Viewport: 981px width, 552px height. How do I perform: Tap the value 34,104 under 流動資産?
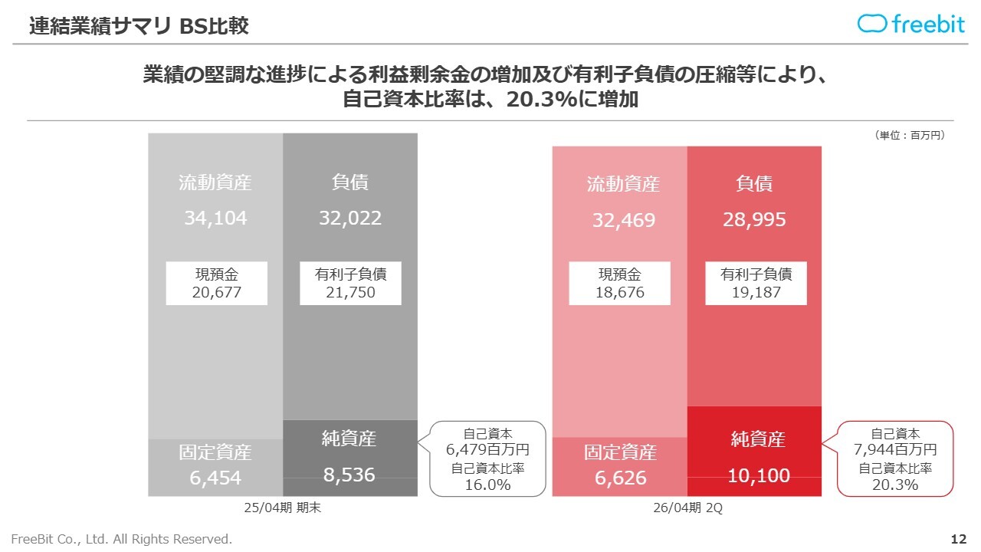coord(215,219)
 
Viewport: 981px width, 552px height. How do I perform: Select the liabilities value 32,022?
coord(350,219)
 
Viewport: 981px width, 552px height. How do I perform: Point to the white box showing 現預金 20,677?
coord(217,284)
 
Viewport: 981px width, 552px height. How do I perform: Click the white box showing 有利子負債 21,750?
coord(350,284)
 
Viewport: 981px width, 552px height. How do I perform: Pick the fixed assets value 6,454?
coord(215,478)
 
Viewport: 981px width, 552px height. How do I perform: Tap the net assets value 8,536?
coord(349,475)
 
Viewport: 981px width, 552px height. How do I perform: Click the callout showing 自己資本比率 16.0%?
coord(487,458)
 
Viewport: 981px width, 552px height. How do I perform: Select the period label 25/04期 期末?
coord(282,508)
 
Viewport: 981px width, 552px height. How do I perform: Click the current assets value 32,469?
coord(623,221)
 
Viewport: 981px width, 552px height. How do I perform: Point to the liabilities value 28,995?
coord(754,221)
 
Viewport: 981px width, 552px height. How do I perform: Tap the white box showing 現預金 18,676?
coord(620,284)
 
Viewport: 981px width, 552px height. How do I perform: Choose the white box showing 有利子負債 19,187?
coord(756,284)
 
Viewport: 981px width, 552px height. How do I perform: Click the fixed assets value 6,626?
coord(621,478)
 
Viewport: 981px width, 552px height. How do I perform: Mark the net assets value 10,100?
coord(759,476)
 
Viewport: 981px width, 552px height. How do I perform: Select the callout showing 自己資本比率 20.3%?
coord(894,459)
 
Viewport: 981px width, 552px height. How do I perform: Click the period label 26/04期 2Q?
coord(687,508)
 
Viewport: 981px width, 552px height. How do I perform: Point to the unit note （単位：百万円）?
coord(910,135)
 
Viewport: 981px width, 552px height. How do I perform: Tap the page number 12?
coord(958,540)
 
